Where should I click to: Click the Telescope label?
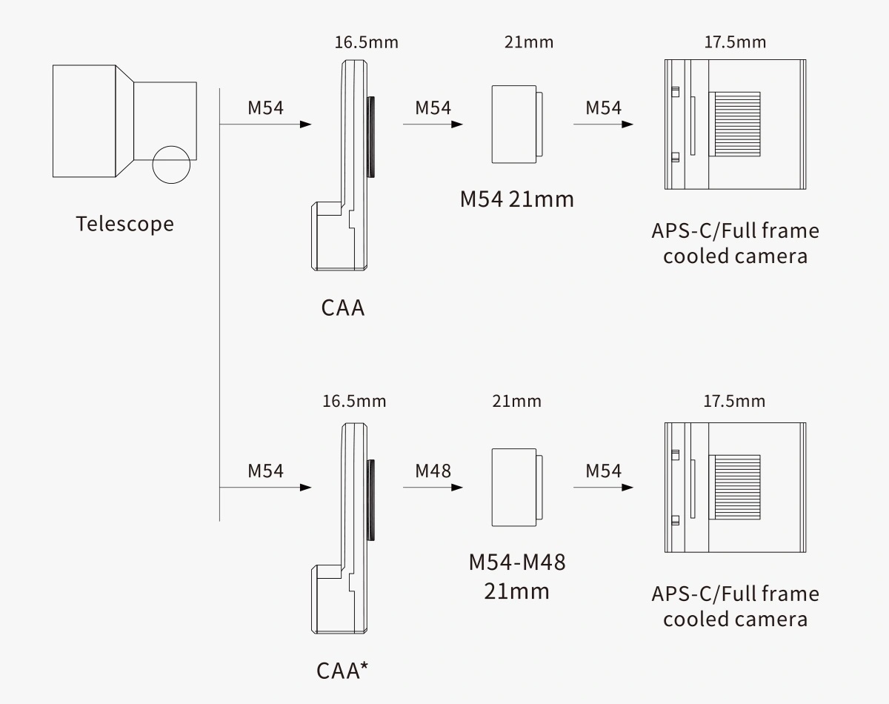point(125,224)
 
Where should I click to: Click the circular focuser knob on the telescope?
point(171,164)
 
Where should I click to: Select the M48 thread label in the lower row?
point(433,471)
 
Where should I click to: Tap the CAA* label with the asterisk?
point(343,670)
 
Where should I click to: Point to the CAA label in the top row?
point(343,308)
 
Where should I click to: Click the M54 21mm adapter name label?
point(517,199)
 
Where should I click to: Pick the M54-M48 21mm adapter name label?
point(517,577)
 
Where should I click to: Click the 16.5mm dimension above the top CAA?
point(366,42)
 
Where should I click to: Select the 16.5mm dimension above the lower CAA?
point(354,402)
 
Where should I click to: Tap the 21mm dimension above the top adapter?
point(528,42)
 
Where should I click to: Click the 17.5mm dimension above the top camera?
point(734,42)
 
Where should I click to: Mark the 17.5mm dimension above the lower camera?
point(734,402)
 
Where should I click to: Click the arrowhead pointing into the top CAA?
point(304,124)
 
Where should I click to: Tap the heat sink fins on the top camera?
point(735,124)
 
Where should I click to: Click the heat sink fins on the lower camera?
point(735,487)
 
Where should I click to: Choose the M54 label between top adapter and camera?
point(603,107)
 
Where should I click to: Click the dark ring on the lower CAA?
point(370,499)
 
